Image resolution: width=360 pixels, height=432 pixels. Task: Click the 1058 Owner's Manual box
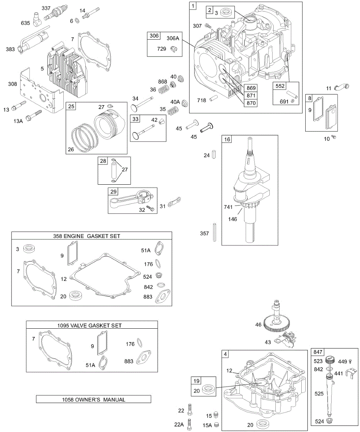pos(94,399)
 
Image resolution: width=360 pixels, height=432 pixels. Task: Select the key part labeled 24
pos(215,155)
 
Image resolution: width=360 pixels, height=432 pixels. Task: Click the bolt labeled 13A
pos(35,115)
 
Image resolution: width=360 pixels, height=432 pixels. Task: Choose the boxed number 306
pos(154,36)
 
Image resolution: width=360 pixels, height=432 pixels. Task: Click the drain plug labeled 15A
pos(217,424)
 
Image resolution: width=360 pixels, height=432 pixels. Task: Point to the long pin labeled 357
pos(215,234)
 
